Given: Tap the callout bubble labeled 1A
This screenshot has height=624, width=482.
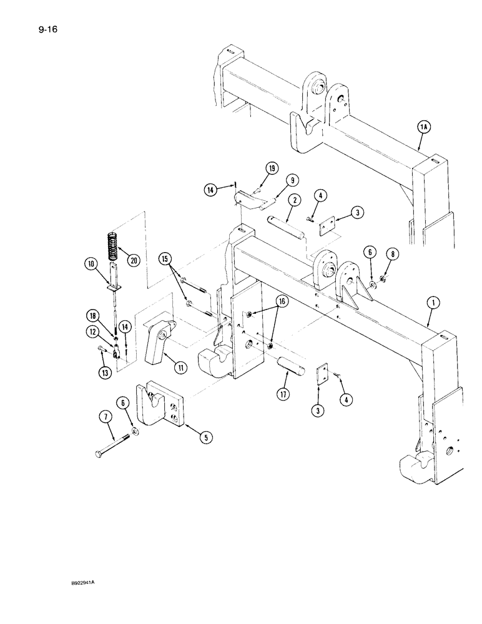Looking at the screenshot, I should (424, 127).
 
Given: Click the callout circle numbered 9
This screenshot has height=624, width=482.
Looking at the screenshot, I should (291, 181).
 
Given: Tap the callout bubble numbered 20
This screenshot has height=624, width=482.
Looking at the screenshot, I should (132, 243).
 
